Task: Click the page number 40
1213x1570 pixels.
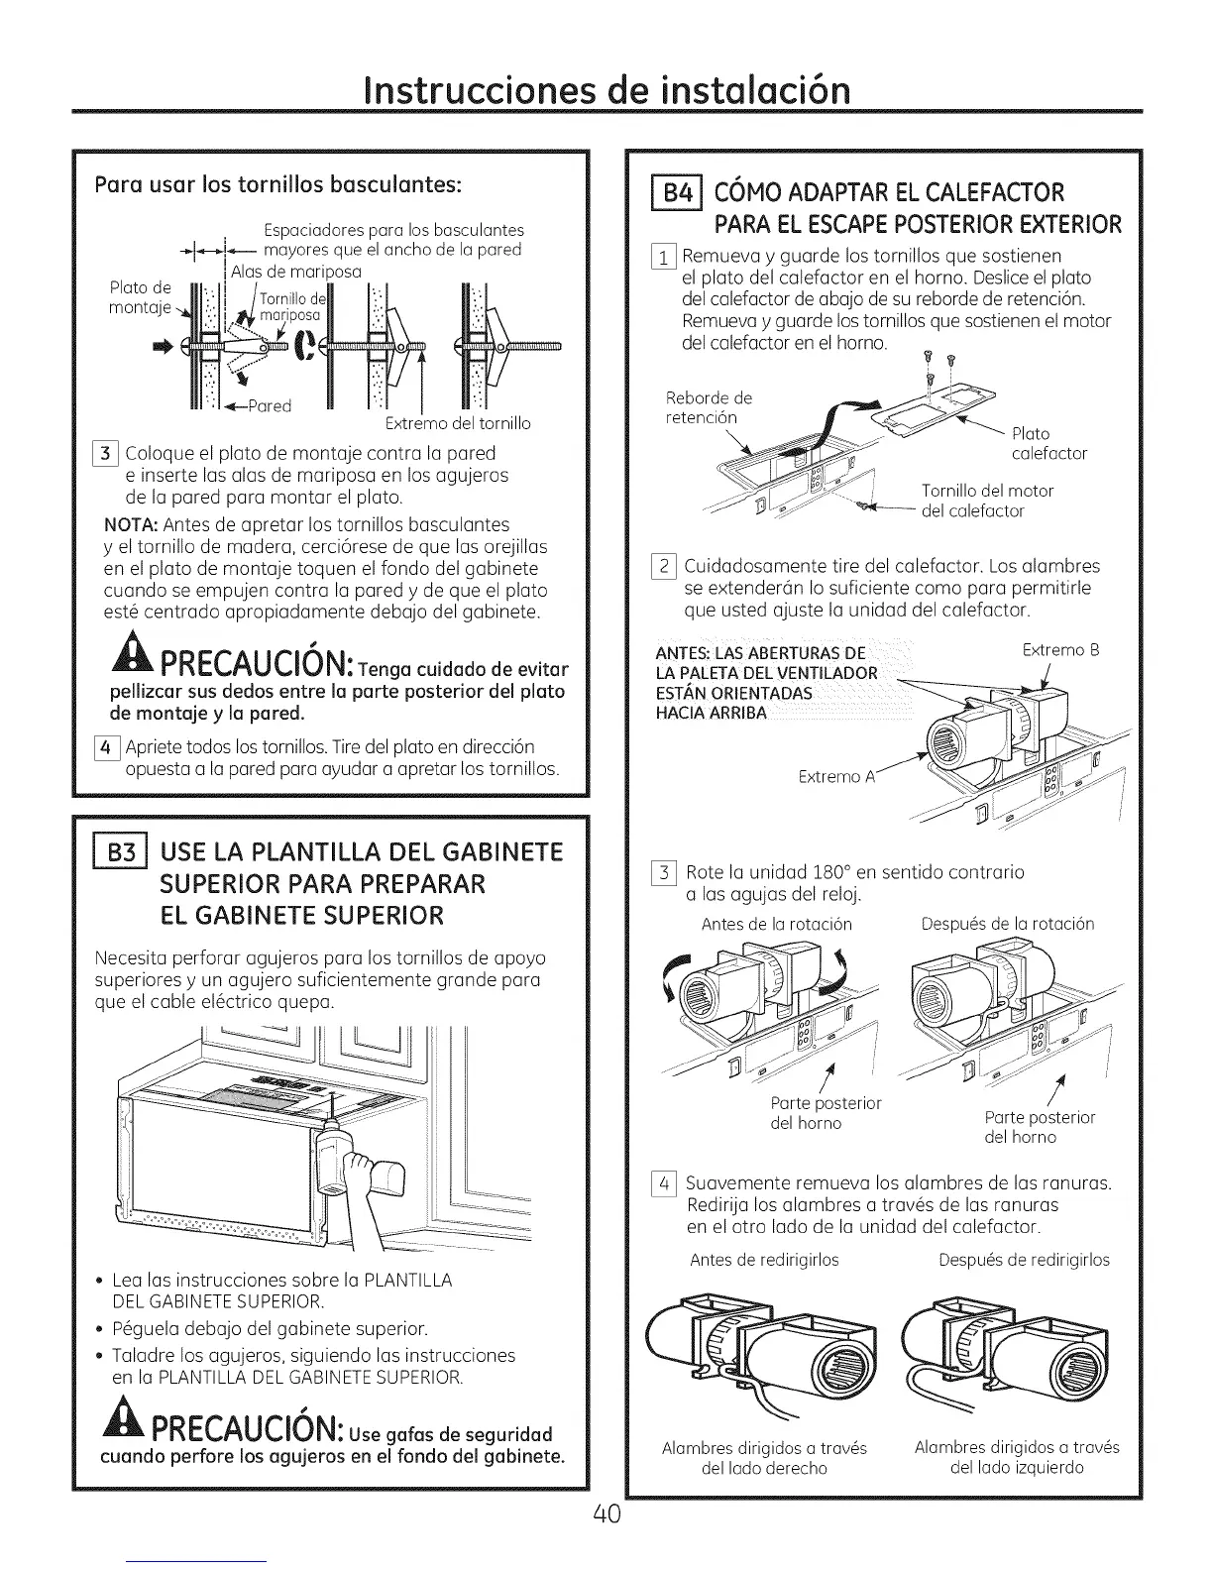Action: click(x=606, y=1514)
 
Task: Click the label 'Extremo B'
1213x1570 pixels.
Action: click(x=1060, y=651)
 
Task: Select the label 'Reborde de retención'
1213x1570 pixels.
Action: click(x=708, y=407)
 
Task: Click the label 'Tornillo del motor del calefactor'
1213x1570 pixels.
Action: click(x=986, y=501)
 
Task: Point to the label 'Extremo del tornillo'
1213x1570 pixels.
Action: click(x=456, y=423)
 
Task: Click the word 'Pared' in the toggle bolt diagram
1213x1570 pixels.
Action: click(x=270, y=405)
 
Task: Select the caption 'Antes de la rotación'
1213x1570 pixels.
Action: click(x=776, y=924)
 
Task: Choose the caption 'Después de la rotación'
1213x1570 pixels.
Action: click(x=1007, y=924)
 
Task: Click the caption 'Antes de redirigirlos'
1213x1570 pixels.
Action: click(x=764, y=1259)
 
